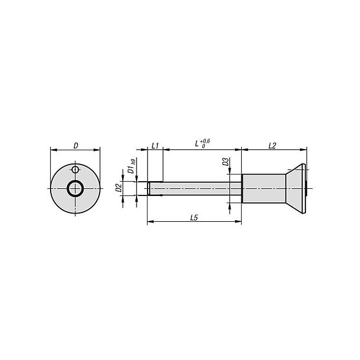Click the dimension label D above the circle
click(76, 145)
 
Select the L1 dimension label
click(155, 145)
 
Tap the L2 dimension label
click(272, 145)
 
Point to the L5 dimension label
click(194, 217)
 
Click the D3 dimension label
click(226, 162)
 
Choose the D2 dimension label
click(118, 188)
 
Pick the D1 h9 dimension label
click(132, 166)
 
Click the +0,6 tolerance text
click(205, 141)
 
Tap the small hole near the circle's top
click(75, 170)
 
